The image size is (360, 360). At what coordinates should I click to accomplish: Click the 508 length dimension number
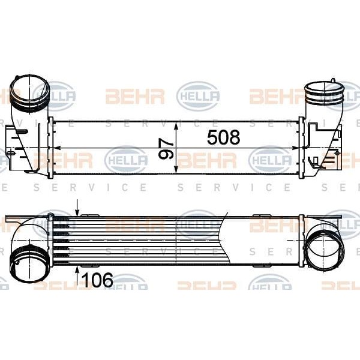point(223,138)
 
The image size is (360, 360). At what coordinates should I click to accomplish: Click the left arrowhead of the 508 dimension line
point(58,148)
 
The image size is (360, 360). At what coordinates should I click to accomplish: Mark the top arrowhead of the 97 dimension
point(176,125)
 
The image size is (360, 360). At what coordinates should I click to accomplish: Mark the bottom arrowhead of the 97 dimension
point(176,170)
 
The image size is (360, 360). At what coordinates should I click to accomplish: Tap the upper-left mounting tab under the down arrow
point(89,215)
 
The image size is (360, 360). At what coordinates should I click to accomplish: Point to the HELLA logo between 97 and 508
point(197,97)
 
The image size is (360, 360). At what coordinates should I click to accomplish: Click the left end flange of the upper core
point(51,148)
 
